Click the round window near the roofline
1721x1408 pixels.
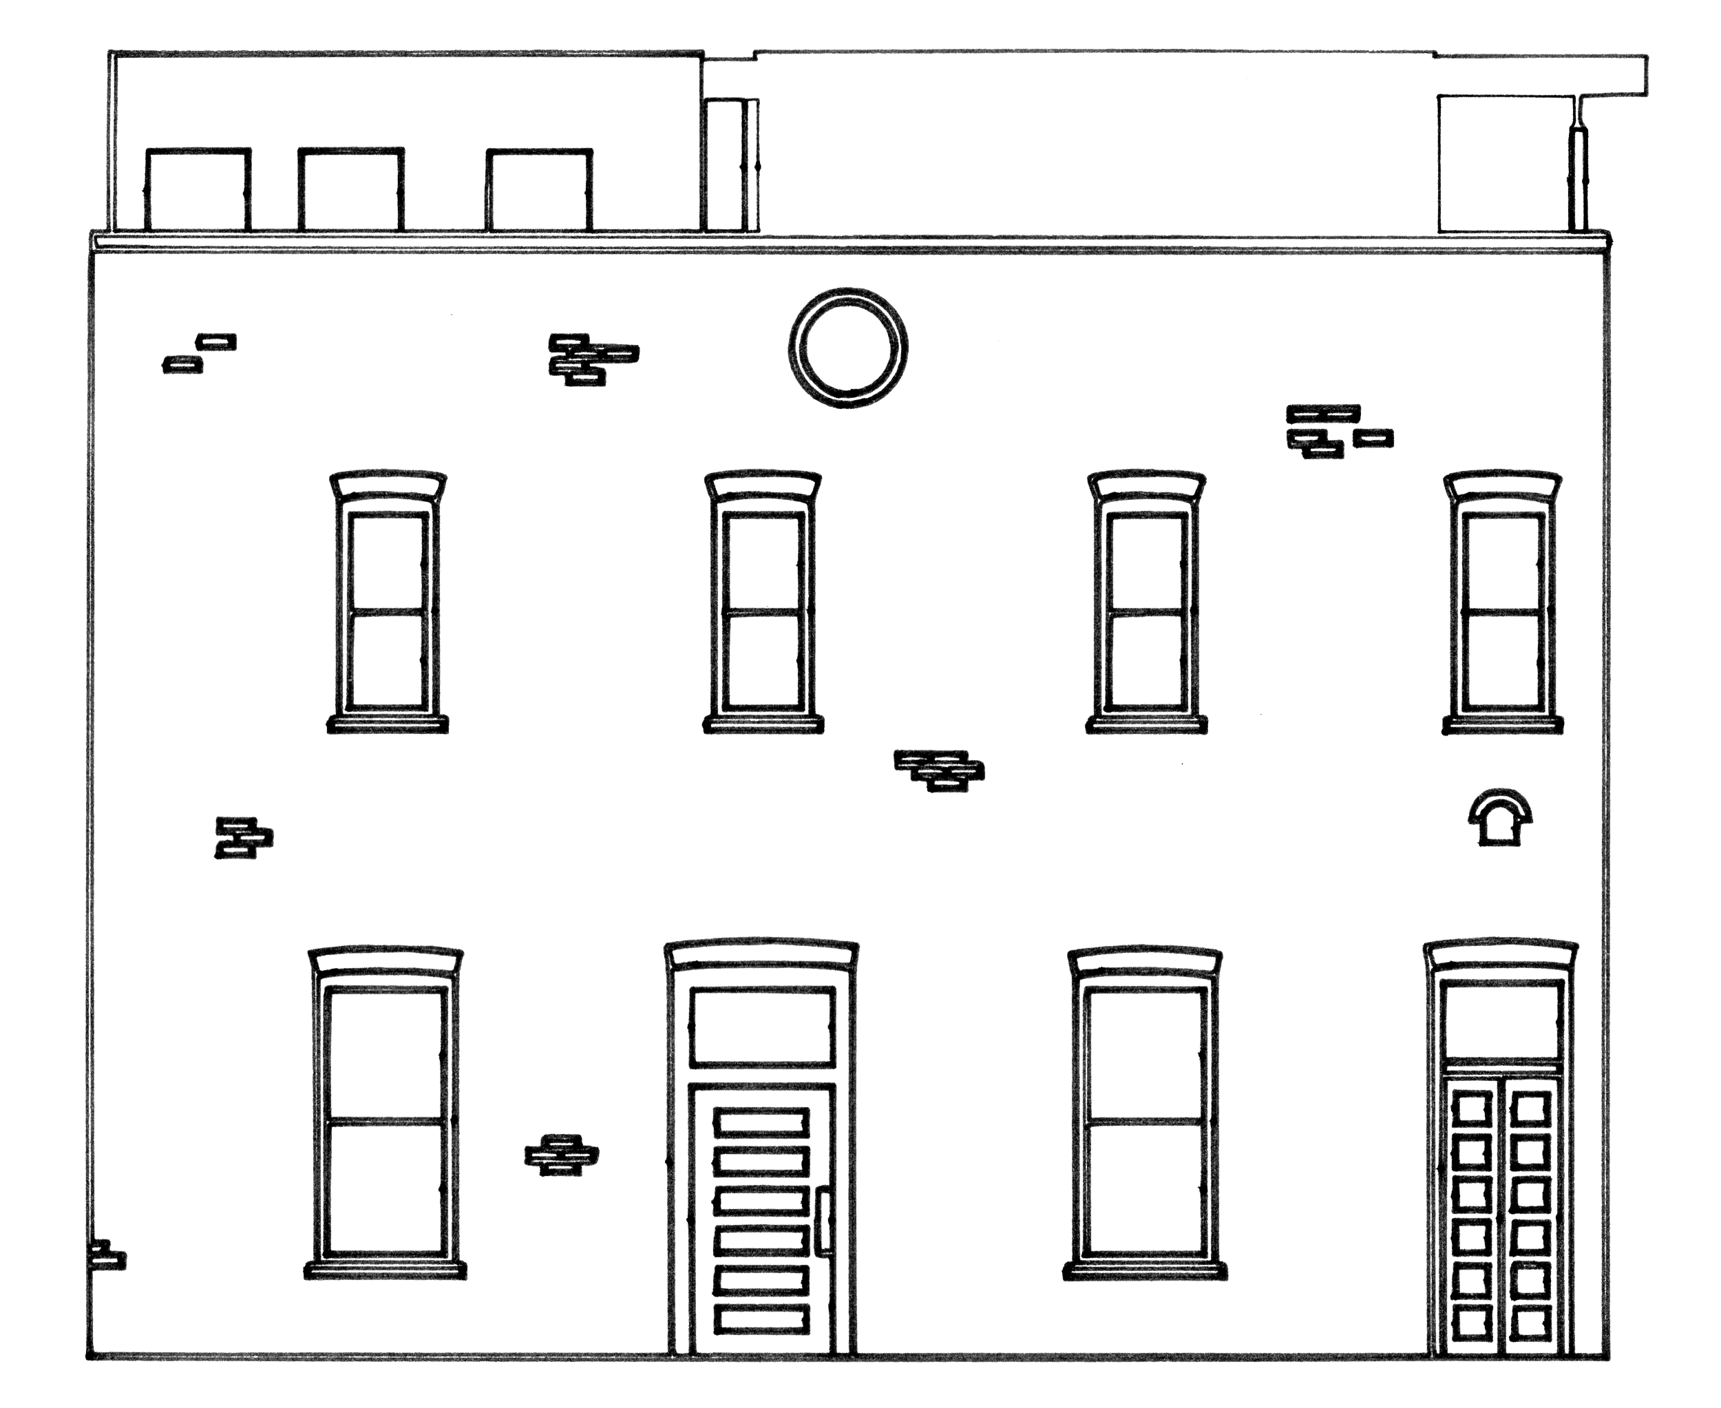tap(847, 347)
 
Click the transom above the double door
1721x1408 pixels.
tap(1501, 1021)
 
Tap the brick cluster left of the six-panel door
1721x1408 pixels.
tap(561, 1153)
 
